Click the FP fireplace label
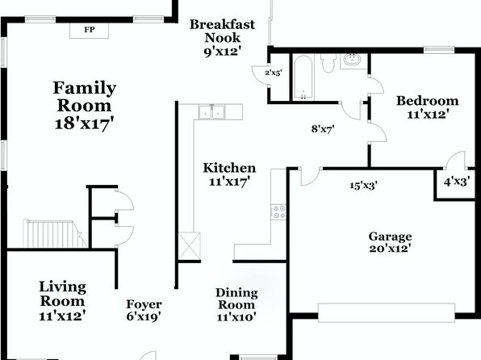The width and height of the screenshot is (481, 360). coord(90,30)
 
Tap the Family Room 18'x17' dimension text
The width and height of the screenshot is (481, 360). coord(85,124)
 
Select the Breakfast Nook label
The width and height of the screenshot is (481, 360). coord(222,31)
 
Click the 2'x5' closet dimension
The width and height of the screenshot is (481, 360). coord(274,73)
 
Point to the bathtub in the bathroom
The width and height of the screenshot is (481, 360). coord(303,77)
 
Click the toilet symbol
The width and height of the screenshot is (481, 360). coord(328,63)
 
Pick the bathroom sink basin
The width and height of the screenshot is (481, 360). coord(352,59)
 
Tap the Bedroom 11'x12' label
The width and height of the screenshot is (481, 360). coord(428,107)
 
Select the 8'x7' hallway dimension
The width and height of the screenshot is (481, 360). coord(323,129)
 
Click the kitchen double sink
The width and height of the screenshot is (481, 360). coord(211,111)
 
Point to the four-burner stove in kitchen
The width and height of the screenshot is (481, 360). coord(278,212)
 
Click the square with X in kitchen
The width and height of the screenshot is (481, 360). coord(190,246)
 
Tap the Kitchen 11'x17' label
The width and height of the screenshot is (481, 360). coord(229,174)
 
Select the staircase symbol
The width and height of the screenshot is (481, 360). coord(55,234)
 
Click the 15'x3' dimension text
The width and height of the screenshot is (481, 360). coord(363,186)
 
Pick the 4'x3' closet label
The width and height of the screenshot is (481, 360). coord(457,182)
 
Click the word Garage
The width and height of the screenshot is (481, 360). coord(390,237)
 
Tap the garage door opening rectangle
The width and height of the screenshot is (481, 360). coord(387,312)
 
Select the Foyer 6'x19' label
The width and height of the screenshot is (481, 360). coord(144,310)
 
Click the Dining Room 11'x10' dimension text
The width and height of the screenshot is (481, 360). coord(236,316)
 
